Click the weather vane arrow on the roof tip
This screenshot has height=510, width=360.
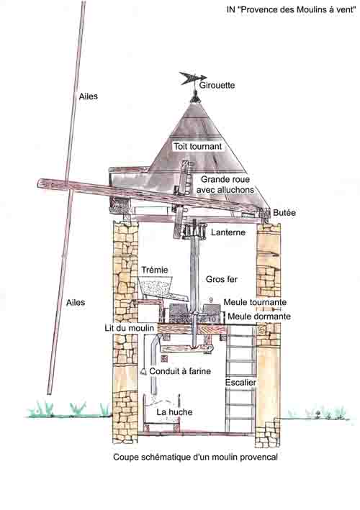193,78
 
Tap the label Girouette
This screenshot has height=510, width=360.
217,85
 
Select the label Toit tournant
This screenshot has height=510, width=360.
197,146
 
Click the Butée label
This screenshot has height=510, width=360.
284,213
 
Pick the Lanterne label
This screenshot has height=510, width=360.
228,232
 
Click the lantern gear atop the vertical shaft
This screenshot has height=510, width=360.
194,231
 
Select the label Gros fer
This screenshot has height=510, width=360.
222,279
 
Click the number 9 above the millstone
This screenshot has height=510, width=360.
210,300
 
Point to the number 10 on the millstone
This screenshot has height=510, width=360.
211,319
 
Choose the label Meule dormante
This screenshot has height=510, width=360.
259,317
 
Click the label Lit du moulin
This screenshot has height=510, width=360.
129,328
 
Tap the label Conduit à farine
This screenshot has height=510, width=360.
180,371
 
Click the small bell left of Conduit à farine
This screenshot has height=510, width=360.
143,372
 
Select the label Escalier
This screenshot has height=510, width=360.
240,383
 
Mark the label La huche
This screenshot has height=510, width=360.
174,412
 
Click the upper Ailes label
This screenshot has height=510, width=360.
89,96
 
